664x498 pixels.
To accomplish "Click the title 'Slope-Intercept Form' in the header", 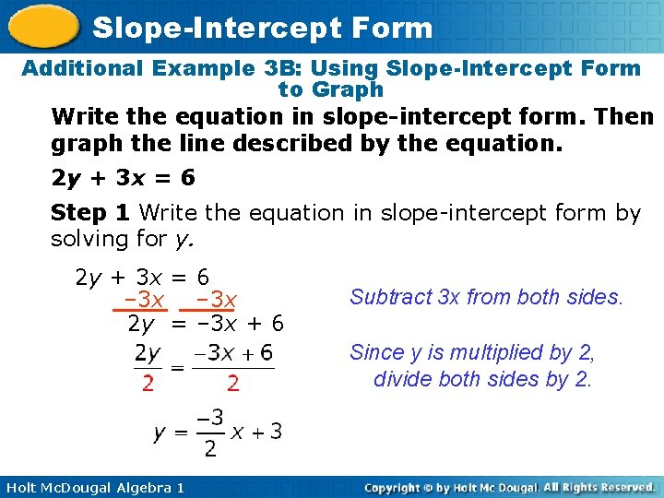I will coord(263,28).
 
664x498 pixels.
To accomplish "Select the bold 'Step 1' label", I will coord(90,213).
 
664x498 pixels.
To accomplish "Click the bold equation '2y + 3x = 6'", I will coord(123,177).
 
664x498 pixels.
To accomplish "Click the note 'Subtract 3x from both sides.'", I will coord(487,297).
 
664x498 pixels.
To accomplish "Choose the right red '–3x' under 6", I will coord(215,301).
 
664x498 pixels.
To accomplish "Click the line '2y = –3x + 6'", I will coord(206,324).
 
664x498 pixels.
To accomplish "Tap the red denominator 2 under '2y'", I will coord(148,382).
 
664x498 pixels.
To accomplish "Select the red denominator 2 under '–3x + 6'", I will coord(233,382).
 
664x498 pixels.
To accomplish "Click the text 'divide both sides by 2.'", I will coord(482,379).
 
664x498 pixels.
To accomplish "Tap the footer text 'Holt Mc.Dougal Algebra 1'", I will coord(93,487).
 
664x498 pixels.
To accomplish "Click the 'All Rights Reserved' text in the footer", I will coord(599,486).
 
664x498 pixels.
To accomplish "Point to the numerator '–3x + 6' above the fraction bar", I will coord(239,353).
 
